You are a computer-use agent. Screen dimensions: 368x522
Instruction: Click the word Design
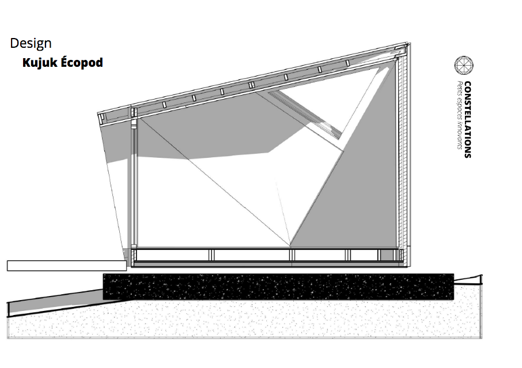tap(31, 43)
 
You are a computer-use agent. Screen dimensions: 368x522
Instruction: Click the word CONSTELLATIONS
tap(467, 119)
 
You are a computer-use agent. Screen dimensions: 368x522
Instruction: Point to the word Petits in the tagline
tap(459, 90)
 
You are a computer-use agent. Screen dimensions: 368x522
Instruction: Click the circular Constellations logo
tap(463, 66)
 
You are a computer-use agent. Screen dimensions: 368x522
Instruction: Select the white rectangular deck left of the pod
tap(66, 265)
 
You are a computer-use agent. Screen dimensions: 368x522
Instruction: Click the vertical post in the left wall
tap(135, 184)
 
